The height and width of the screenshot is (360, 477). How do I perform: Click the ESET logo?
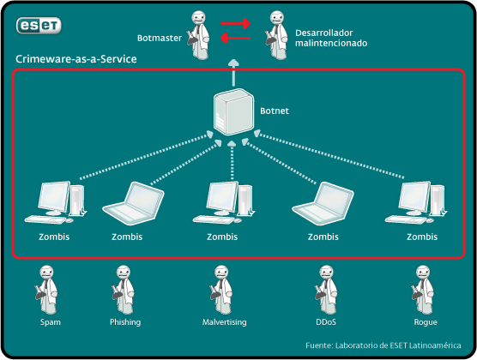coord(39,26)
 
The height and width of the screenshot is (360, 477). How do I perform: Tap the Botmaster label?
coord(160,38)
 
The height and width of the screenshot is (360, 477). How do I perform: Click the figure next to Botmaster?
coord(199,35)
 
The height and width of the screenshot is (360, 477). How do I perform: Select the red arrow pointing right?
coord(235,23)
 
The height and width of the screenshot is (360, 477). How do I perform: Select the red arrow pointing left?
coord(235,39)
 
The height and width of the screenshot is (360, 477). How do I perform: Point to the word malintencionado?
coord(331,43)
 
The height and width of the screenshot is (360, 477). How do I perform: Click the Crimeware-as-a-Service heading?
coord(76,59)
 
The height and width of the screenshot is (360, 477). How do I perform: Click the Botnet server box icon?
coord(233,112)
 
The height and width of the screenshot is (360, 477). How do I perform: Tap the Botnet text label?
coord(275,111)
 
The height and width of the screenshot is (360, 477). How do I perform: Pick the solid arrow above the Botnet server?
coord(233,72)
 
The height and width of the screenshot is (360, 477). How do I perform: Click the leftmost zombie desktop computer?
coord(56,203)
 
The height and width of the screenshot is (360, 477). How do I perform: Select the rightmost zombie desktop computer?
coord(416,203)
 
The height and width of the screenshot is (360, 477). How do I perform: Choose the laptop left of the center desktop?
coord(133,203)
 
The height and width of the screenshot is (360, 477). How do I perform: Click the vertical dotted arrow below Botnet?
coord(232,160)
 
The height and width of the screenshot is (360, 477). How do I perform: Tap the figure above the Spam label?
coord(46,290)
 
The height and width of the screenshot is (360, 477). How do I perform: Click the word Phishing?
coord(125,322)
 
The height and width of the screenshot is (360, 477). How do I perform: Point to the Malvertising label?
coord(225,322)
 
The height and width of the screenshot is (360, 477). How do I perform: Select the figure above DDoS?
coord(326,290)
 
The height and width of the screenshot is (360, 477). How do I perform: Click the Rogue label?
coord(426,322)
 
